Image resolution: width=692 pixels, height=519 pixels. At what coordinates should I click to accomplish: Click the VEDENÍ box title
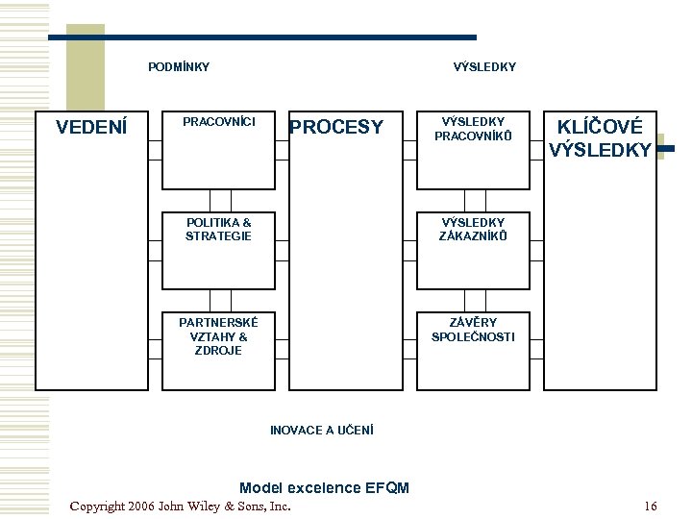[91, 127]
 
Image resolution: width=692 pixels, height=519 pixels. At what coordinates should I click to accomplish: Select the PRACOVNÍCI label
[219, 121]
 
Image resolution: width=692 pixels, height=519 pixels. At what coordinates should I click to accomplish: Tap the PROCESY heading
[336, 127]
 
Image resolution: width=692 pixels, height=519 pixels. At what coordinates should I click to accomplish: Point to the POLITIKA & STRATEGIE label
[218, 229]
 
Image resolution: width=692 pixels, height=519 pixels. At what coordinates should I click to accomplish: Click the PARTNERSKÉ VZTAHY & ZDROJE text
[218, 336]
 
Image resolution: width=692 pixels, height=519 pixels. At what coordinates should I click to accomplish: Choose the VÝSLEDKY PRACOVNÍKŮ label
[473, 129]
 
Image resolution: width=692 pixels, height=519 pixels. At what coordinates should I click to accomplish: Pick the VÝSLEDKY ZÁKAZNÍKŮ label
[473, 229]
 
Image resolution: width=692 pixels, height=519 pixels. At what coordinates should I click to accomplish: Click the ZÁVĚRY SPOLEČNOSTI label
[473, 330]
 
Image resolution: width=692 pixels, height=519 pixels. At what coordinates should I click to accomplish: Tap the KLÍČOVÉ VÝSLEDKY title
[600, 138]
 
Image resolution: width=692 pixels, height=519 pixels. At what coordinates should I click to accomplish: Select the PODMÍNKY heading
[179, 66]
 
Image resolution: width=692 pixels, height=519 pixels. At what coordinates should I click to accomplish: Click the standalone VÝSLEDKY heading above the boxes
[484, 66]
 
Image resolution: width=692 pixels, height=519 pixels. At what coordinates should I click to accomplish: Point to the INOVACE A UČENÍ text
[322, 430]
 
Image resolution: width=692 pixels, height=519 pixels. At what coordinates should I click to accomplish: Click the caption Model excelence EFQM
[325, 487]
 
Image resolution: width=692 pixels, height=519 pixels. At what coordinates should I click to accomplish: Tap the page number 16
[651, 506]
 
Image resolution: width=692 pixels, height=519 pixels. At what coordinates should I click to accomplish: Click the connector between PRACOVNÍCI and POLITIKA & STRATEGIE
[221, 201]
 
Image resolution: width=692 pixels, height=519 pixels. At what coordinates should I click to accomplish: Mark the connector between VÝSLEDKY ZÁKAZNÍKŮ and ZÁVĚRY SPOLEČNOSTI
[476, 301]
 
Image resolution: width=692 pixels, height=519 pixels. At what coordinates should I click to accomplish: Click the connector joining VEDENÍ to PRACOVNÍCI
[156, 150]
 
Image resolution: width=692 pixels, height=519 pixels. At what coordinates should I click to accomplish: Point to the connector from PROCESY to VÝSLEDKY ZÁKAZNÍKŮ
[410, 251]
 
